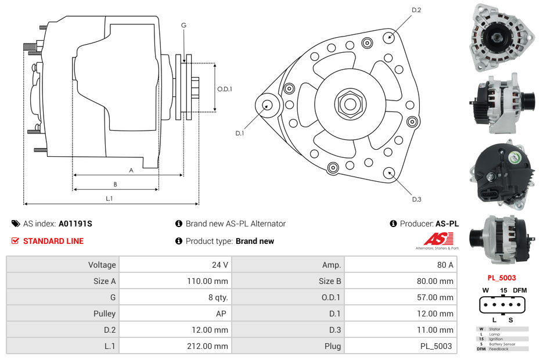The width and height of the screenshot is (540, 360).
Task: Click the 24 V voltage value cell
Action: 219,265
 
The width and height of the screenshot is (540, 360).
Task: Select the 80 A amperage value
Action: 445,265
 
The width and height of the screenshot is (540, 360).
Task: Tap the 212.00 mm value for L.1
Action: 212,346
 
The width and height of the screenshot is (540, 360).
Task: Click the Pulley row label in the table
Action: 105,314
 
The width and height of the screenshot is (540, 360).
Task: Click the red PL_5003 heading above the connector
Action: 501,278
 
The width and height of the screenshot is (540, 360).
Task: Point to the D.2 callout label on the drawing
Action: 416,10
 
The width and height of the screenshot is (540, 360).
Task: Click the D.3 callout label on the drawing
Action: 416,200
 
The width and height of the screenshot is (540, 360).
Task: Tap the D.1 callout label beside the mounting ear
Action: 240,134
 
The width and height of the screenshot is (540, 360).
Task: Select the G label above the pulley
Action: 183,26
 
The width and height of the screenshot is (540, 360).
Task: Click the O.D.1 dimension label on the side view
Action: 225,89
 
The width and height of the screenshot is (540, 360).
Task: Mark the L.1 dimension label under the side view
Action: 109,199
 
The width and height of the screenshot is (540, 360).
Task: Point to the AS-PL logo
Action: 437,240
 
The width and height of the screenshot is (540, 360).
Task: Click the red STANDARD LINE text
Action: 53,241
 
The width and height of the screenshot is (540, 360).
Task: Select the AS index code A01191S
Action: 75,224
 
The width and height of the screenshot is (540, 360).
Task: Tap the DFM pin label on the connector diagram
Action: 520,290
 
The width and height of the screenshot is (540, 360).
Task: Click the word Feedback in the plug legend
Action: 498,349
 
